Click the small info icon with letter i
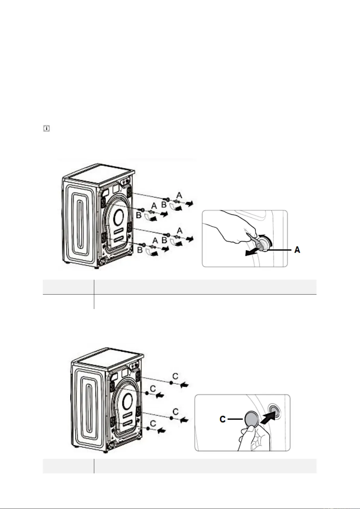coord(46,129)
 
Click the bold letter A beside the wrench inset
coord(297,250)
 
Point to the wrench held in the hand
coord(255,240)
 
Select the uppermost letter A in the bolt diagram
coord(179,195)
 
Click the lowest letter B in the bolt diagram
coord(140,250)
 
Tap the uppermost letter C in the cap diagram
coord(175,376)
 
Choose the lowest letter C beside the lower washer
coord(153,423)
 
